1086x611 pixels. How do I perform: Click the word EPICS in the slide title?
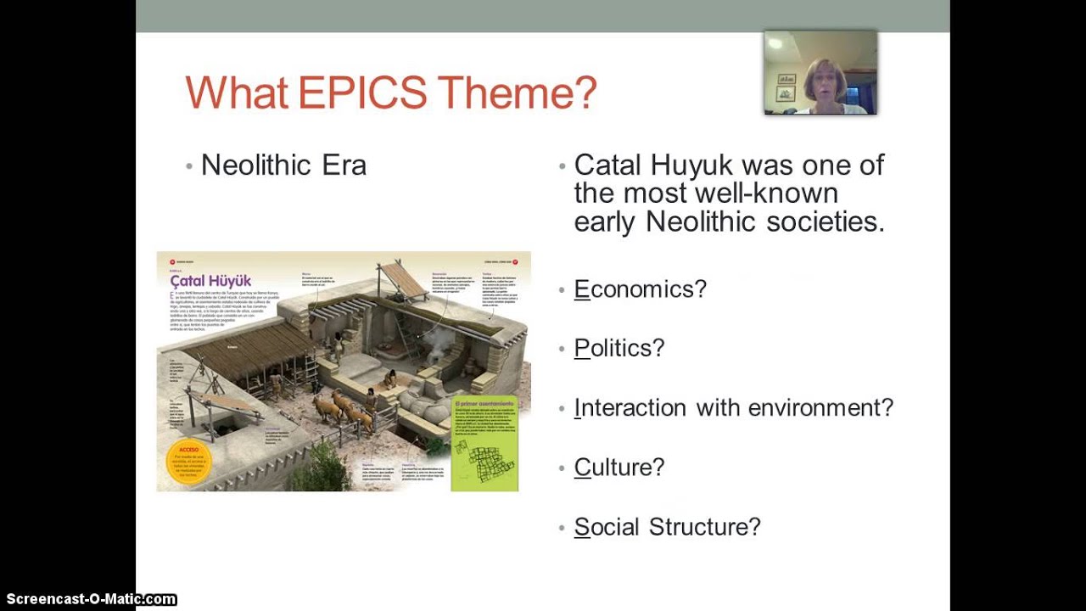pos(362,92)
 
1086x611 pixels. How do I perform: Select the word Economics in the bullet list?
pos(640,289)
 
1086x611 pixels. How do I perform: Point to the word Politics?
pos(619,349)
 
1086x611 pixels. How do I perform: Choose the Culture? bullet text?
pos(619,468)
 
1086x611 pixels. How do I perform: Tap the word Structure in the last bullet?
pos(704,527)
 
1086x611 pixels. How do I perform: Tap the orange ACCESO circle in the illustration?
pos(188,461)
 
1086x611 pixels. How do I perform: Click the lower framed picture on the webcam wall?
pos(786,93)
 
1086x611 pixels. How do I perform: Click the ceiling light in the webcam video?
pos(775,43)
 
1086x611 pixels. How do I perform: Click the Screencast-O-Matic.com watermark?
pos(89,600)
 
